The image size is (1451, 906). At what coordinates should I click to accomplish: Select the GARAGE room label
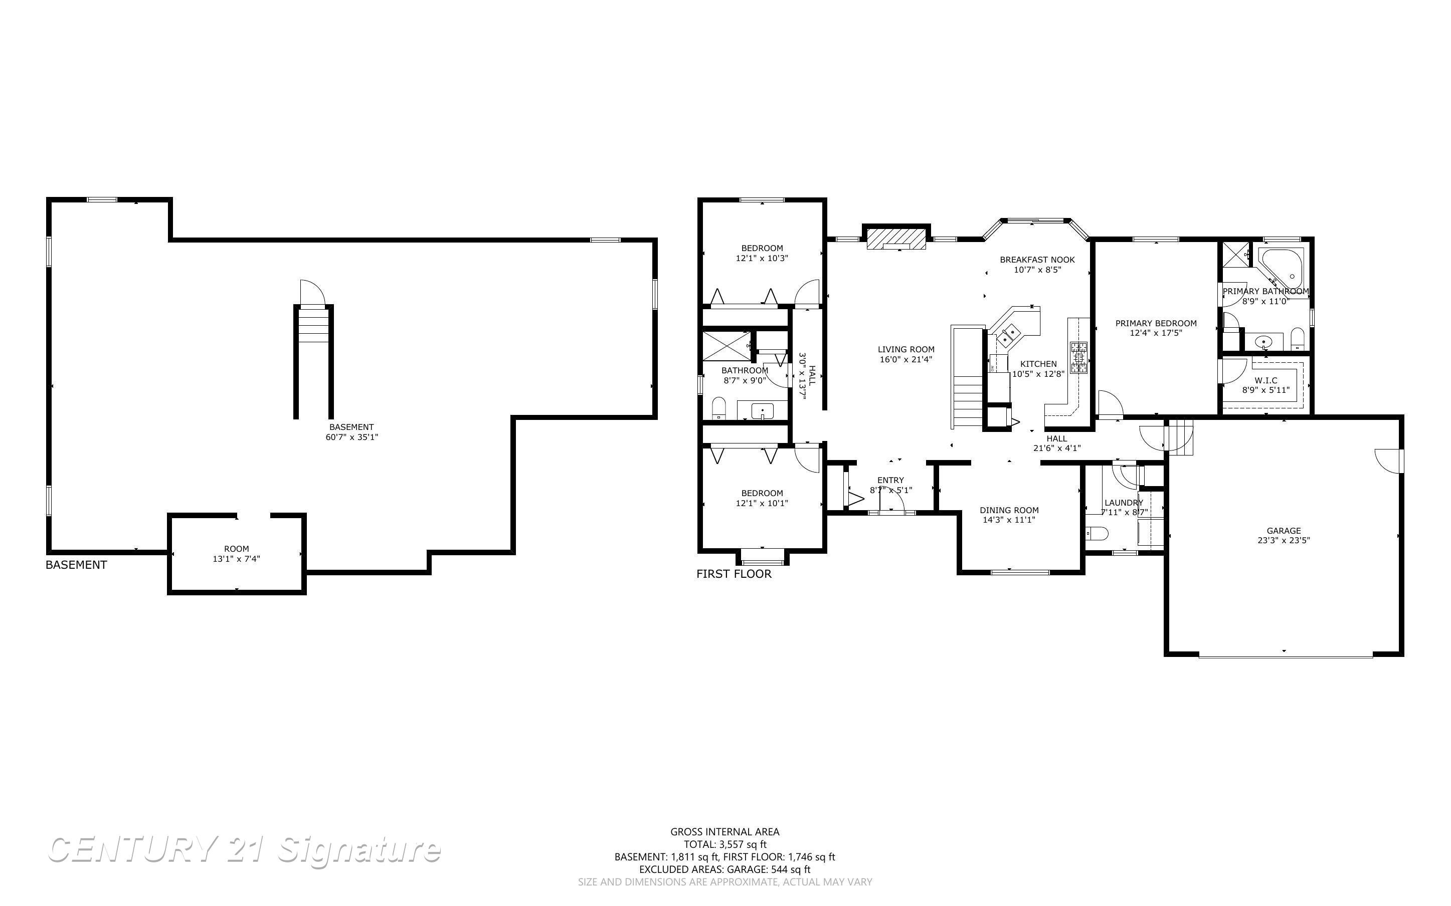tap(1284, 530)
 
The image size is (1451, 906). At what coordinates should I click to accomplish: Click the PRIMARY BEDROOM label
tap(1156, 323)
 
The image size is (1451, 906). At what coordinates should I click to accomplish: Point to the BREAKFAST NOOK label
tap(1037, 260)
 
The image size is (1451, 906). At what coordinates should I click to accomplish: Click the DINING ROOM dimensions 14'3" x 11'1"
tap(1009, 520)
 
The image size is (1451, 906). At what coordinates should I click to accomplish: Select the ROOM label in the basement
tap(236, 548)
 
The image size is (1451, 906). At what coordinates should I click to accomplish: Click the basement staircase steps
tap(313, 324)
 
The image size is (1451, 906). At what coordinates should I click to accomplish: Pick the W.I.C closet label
tap(1266, 380)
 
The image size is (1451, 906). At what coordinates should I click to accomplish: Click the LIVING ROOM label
tap(906, 349)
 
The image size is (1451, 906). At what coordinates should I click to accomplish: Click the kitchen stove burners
tap(1079, 358)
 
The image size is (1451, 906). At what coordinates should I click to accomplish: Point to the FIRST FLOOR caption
tap(734, 573)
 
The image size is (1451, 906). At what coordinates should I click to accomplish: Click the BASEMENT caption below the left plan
tap(76, 564)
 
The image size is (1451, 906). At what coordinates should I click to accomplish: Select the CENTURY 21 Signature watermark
tap(245, 850)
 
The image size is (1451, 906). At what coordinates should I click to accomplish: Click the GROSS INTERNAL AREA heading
tap(724, 832)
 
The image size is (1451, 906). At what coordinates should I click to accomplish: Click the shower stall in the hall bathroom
tap(726, 345)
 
